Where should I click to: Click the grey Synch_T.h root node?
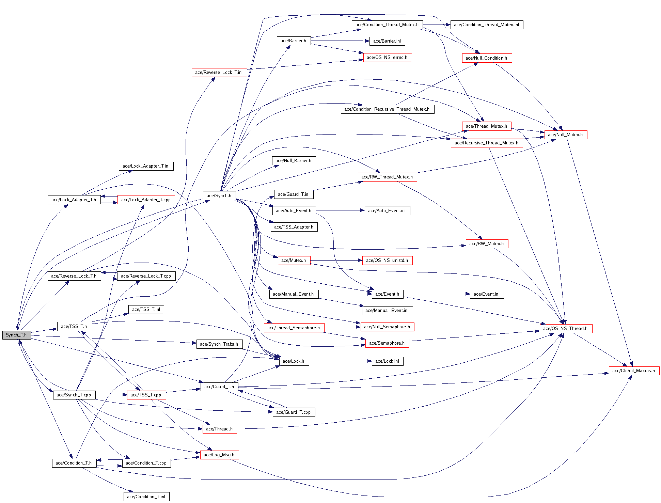pos(16,335)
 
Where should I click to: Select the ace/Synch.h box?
pos(219,195)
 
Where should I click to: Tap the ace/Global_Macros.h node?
pos(633,371)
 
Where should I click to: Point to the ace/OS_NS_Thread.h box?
pos(565,328)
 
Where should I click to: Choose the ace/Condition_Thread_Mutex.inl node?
pos(486,25)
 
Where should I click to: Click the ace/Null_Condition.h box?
pos(486,58)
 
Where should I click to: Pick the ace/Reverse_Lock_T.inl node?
pos(219,72)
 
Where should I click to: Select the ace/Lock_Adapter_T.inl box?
pos(146,166)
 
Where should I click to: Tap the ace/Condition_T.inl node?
pos(146,497)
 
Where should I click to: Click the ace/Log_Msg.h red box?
pos(219,455)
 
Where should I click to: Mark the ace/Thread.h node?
pos(219,429)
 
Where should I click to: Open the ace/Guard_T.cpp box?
pos(294,412)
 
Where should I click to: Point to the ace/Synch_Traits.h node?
pos(219,344)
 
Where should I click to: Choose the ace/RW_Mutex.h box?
pos(486,243)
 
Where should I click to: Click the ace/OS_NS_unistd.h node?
pos(387,260)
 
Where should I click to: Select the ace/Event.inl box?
pos(486,294)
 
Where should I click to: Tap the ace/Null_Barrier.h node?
pos(294,160)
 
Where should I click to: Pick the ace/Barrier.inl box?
pos(387,41)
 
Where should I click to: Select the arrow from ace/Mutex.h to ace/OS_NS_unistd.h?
pos(336,260)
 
